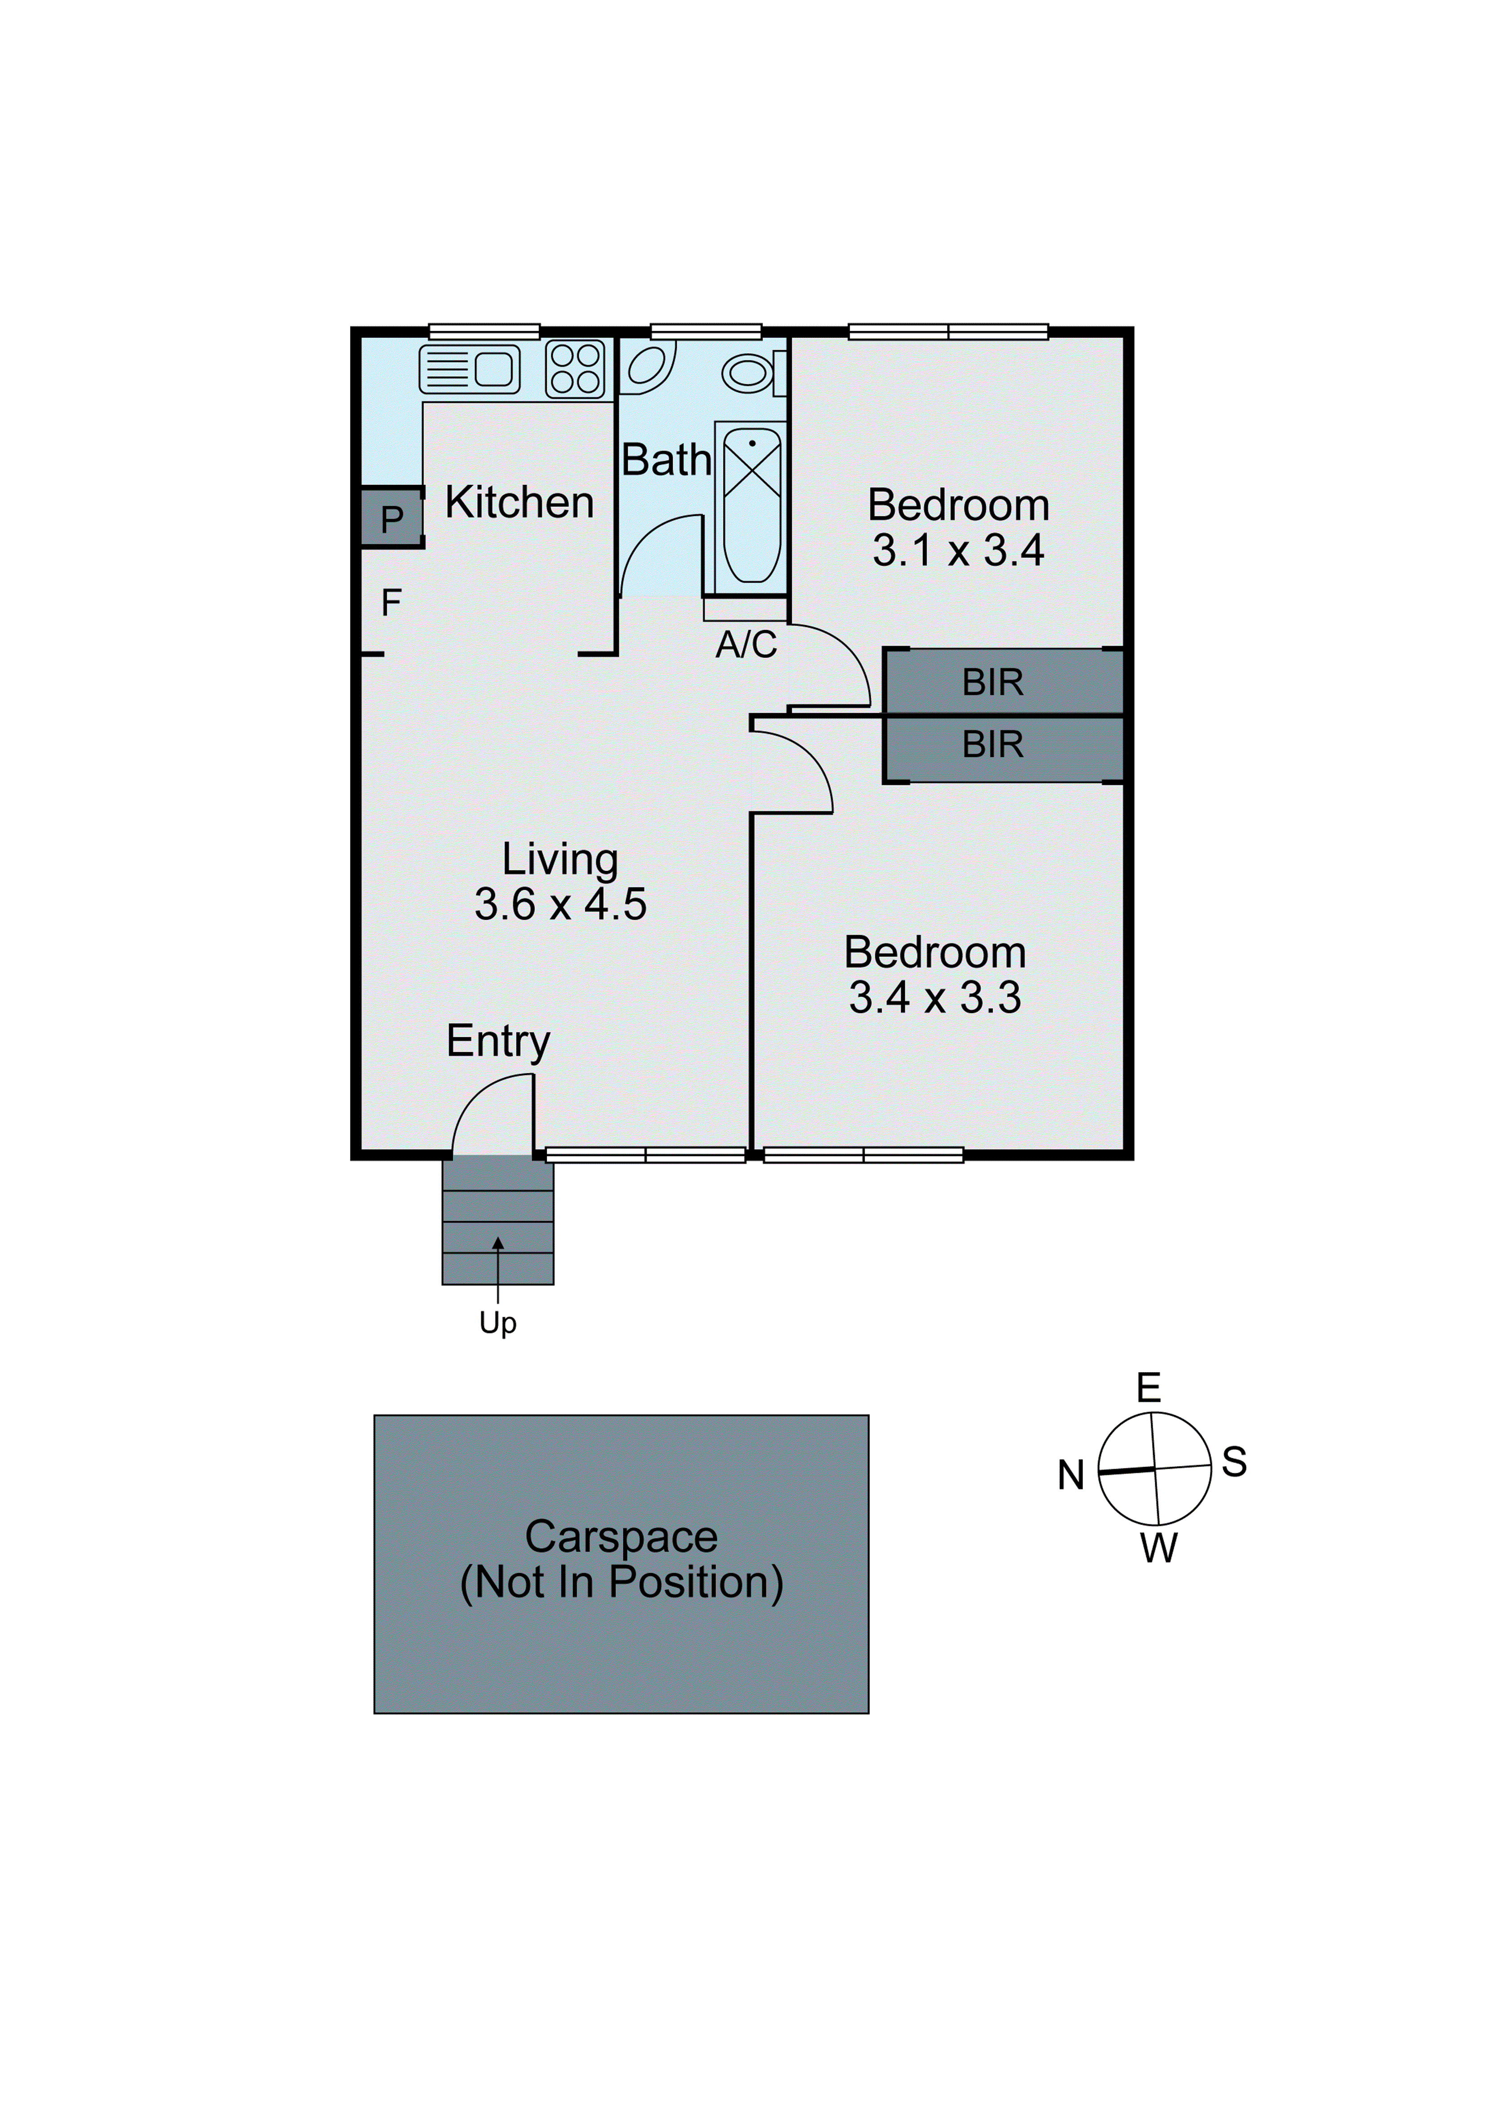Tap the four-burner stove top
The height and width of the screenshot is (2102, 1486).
[x=575, y=369]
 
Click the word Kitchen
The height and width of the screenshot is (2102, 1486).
[x=519, y=502]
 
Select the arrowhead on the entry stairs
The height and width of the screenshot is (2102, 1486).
[x=498, y=1242]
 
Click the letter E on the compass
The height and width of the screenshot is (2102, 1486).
[x=1148, y=1389]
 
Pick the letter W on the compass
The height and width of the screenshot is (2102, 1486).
[x=1158, y=1548]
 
